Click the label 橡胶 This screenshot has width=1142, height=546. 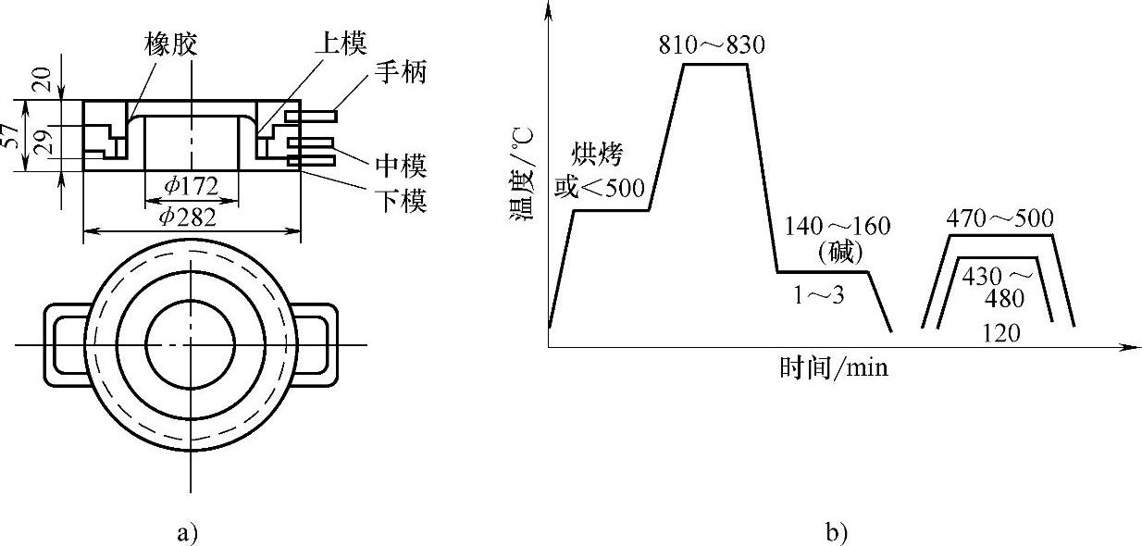(172, 43)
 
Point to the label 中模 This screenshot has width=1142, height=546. (402, 167)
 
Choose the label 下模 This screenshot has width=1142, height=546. (402, 201)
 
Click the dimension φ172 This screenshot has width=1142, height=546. (192, 186)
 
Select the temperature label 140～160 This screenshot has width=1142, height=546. (837, 226)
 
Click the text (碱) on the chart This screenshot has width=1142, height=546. (840, 250)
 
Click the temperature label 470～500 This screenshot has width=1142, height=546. (1000, 219)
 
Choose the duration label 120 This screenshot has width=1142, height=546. (1000, 333)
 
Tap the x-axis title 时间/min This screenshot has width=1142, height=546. (833, 368)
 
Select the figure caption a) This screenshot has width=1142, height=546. (185, 532)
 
